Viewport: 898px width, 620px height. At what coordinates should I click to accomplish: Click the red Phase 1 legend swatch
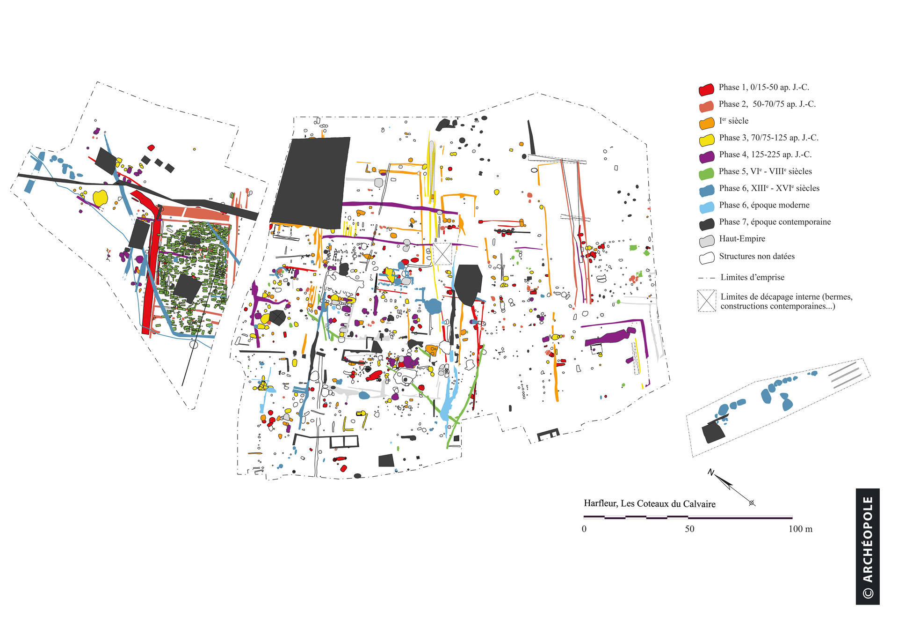(x=706, y=89)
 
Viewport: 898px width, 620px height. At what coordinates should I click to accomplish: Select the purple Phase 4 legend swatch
(x=706, y=157)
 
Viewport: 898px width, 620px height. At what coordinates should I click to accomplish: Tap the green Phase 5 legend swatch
(x=706, y=174)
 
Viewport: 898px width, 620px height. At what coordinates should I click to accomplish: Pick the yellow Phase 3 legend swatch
(x=706, y=140)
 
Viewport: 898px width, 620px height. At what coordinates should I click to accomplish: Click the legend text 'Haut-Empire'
(x=742, y=239)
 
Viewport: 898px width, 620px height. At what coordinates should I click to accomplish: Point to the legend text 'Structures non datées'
(x=757, y=256)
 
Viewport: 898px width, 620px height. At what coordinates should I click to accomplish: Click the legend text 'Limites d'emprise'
(x=752, y=277)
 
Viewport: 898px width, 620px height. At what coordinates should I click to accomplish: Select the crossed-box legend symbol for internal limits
(x=707, y=301)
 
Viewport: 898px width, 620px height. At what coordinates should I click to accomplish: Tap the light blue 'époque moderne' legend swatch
(x=706, y=207)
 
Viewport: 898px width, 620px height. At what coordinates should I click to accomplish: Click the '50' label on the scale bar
(x=689, y=529)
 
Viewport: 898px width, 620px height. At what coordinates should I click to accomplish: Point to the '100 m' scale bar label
(x=800, y=529)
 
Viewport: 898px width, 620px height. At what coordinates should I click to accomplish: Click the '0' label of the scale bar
(x=584, y=529)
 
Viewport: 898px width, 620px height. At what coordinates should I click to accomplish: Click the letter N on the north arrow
(x=711, y=472)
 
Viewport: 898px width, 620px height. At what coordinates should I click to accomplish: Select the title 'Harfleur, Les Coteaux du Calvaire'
(x=650, y=504)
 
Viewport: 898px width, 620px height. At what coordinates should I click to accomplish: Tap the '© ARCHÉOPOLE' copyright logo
(x=868, y=546)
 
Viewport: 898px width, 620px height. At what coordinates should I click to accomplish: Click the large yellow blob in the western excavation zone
(x=100, y=198)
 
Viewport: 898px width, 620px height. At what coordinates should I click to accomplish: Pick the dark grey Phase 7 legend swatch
(x=706, y=224)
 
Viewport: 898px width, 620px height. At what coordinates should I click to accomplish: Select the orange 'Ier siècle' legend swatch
(x=706, y=123)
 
